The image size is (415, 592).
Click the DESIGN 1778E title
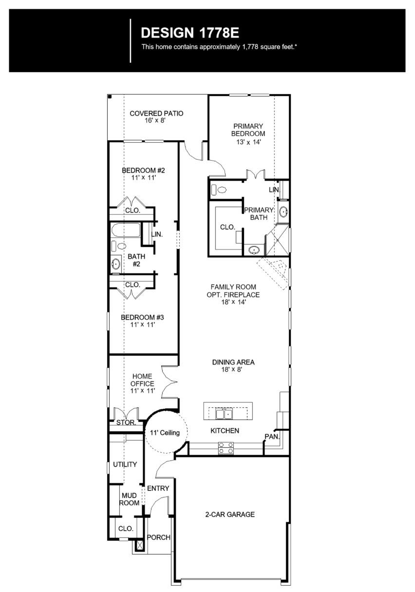pyautogui.click(x=190, y=33)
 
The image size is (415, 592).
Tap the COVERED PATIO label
pyautogui.click(x=156, y=114)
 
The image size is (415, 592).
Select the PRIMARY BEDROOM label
pyautogui.click(x=248, y=130)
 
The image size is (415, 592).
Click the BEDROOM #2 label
pyautogui.click(x=143, y=171)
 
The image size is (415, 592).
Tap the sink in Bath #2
pyautogui.click(x=115, y=264)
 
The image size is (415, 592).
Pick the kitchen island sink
pyautogui.click(x=224, y=414)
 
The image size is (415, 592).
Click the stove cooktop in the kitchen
pyautogui.click(x=226, y=448)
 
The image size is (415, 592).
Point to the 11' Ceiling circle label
pyautogui.click(x=165, y=433)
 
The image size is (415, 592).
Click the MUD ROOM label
pyautogui.click(x=129, y=499)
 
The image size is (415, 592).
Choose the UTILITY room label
pyautogui.click(x=125, y=464)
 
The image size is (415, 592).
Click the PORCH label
pyautogui.click(x=159, y=537)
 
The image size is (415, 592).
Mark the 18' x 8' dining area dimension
pyautogui.click(x=231, y=369)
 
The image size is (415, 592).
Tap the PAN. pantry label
pyautogui.click(x=272, y=437)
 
